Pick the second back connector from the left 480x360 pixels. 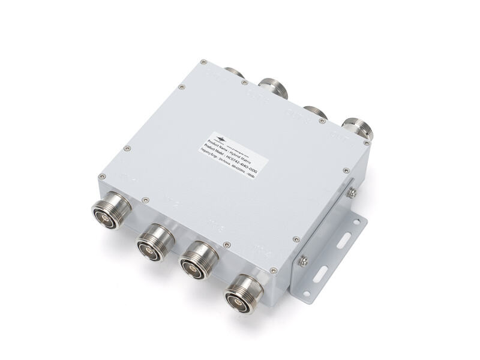pyautogui.click(x=273, y=87)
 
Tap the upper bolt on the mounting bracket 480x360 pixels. pyautogui.click(x=353, y=192)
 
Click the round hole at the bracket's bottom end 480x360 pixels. pyautogui.click(x=307, y=293)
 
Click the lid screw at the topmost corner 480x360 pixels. pyautogui.click(x=203, y=61)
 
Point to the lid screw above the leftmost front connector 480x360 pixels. pyautogui.click(x=101, y=176)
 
